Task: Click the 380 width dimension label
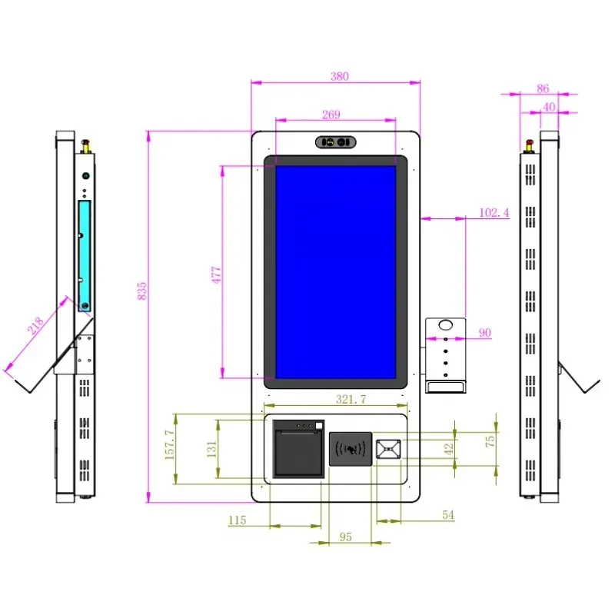(339, 76)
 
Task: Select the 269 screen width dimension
(331, 115)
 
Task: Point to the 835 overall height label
(141, 291)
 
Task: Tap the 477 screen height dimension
(216, 274)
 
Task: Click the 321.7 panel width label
(351, 399)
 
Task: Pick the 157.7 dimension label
(169, 444)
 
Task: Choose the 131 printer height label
(211, 449)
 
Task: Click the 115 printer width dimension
(238, 520)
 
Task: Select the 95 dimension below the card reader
(345, 537)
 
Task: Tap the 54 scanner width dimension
(448, 514)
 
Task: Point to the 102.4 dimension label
(494, 213)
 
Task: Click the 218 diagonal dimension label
(35, 325)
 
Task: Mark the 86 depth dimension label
(543, 88)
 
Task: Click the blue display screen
(335, 272)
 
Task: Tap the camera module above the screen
(336, 142)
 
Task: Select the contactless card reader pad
(351, 449)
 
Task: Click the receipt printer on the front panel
(298, 449)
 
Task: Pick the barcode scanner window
(388, 449)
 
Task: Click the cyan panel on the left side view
(85, 256)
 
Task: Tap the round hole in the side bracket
(446, 325)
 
